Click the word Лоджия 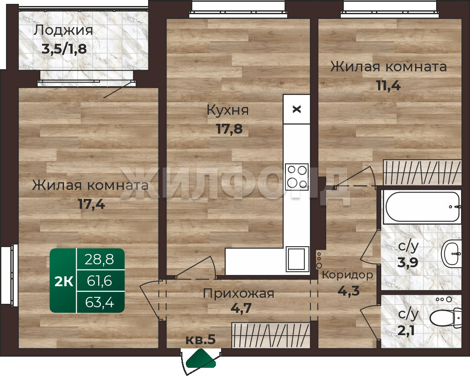[63, 31]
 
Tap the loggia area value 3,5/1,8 [64, 49]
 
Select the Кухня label [228, 110]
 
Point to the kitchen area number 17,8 [229, 129]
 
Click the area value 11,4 [388, 86]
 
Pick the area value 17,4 [91, 205]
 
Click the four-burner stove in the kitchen [297, 177]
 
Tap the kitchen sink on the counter [297, 259]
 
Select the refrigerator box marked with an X [297, 109]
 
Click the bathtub [423, 207]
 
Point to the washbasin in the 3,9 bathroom [452, 254]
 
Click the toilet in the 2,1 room [446, 318]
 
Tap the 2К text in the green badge [64, 282]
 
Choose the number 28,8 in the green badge [100, 260]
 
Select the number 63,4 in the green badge [100, 303]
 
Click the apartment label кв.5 [200, 339]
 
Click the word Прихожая [239, 293]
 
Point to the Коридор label [348, 275]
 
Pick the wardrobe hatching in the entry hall [271, 335]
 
